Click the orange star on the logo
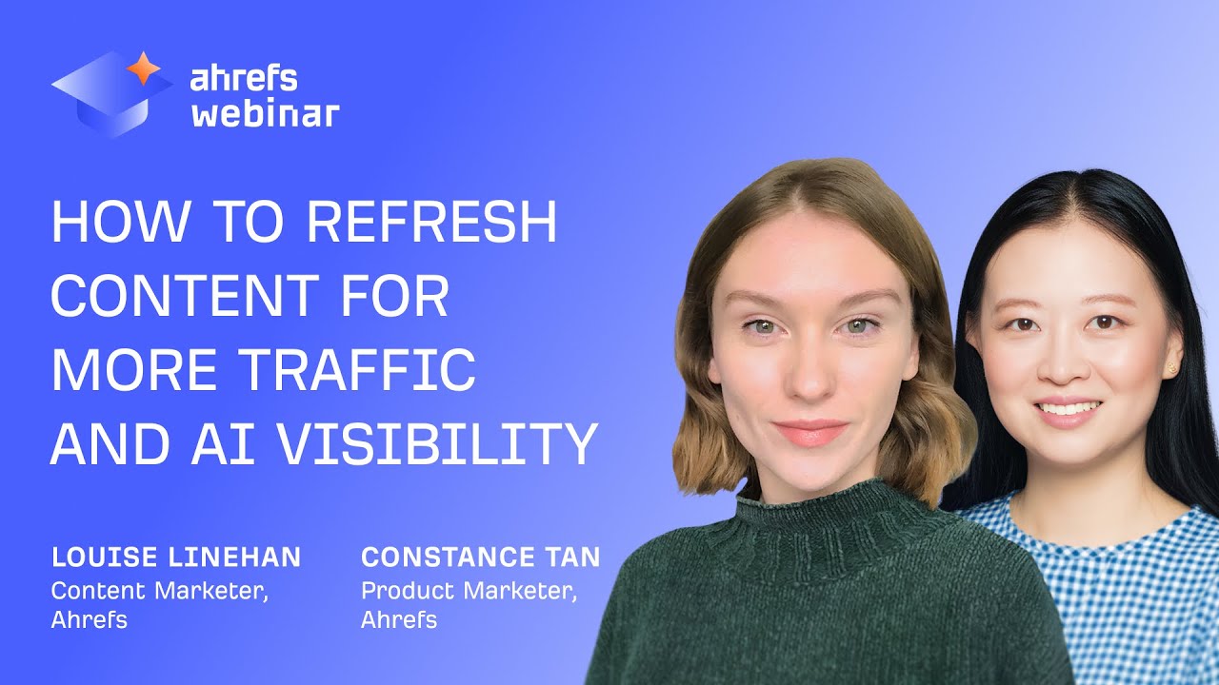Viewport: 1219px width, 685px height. [x=144, y=68]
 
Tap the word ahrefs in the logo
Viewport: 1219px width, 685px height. [x=243, y=78]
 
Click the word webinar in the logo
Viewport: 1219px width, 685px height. [x=265, y=113]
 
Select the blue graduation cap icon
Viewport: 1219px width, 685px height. [x=105, y=95]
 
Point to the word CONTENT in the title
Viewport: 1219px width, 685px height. [x=171, y=297]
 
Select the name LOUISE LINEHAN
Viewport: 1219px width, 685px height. [x=176, y=558]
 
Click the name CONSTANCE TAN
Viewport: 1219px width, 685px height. [x=481, y=558]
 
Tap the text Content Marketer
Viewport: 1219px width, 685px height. [x=159, y=590]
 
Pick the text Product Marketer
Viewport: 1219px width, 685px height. [x=470, y=590]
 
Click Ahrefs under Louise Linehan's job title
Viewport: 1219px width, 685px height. [x=90, y=620]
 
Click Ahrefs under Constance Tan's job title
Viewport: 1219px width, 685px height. [x=399, y=620]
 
